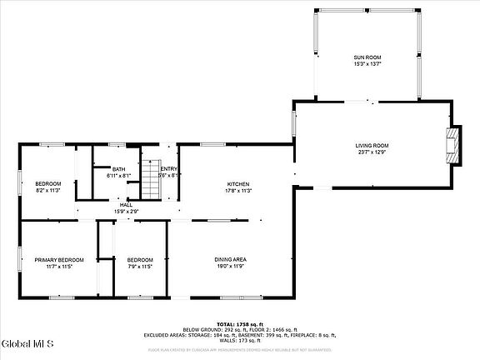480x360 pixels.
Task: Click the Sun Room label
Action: [366, 57]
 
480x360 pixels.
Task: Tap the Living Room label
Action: [372, 146]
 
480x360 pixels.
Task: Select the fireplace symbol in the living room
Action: [452, 147]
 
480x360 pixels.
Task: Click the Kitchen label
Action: [239, 184]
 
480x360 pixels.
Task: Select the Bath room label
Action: [119, 169]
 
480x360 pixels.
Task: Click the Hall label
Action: [126, 205]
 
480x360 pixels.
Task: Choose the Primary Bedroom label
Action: [59, 260]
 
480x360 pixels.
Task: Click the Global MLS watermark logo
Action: [27, 343]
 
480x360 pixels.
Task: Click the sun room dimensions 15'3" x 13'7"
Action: [366, 63]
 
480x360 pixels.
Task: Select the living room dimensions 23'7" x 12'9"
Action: [372, 152]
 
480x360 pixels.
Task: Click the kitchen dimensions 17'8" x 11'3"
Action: [239, 191]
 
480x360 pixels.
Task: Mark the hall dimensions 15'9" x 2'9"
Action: [126, 212]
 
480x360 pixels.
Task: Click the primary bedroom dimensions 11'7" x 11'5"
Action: [59, 267]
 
